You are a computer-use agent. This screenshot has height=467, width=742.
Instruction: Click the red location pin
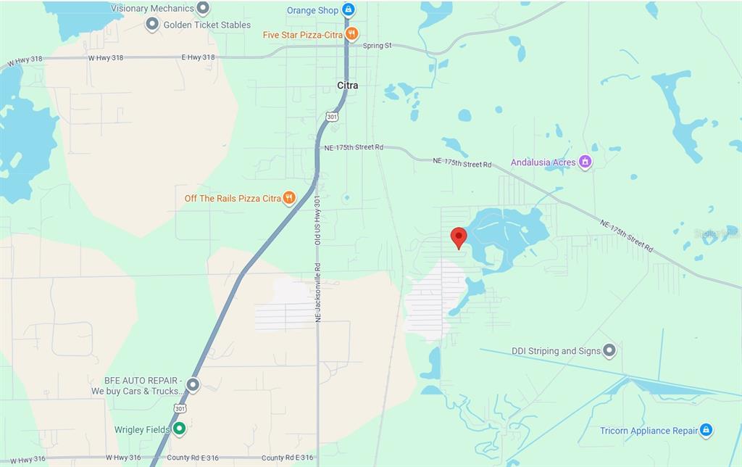click(458, 237)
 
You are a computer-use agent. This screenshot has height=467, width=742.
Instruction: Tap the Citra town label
click(348, 86)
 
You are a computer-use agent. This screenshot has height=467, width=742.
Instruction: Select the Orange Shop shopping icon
click(349, 9)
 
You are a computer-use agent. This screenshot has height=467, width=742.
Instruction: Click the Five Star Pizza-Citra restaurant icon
click(351, 34)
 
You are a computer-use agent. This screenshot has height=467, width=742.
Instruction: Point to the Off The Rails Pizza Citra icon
click(289, 198)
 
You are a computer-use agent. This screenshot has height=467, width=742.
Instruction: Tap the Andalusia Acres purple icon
click(585, 162)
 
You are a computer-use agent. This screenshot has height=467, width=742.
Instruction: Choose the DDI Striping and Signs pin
click(609, 351)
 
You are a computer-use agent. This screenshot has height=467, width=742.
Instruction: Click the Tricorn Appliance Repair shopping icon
click(706, 430)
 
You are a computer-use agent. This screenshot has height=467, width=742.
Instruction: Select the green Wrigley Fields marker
click(179, 429)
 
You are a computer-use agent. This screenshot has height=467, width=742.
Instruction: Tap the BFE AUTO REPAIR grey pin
click(193, 384)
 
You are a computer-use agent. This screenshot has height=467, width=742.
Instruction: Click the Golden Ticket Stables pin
click(152, 25)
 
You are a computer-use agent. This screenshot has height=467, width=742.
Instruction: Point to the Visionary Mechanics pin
click(203, 8)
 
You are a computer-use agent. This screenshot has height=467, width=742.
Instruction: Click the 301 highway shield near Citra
click(332, 116)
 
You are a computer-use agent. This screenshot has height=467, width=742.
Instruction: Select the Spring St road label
click(377, 46)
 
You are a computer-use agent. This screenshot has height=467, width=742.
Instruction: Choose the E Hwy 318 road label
click(198, 57)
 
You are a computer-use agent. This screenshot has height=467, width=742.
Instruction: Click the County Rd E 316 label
click(288, 458)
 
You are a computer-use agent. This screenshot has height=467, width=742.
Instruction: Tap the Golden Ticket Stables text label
click(207, 25)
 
